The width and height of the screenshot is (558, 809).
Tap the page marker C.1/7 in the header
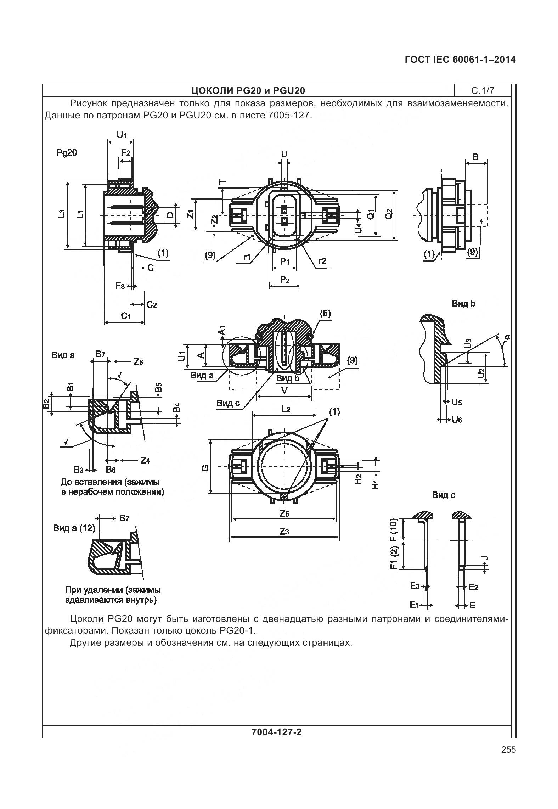(x=483, y=91)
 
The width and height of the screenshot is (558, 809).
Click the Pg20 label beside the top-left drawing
(x=67, y=153)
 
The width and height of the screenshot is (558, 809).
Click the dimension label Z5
(x=284, y=513)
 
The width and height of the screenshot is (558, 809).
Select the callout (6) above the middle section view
(x=325, y=314)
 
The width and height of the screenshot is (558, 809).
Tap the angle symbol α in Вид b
(x=507, y=337)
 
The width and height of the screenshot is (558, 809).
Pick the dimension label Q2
(x=389, y=214)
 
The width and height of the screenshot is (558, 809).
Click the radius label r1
(x=247, y=258)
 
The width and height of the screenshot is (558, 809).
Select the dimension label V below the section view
(x=284, y=391)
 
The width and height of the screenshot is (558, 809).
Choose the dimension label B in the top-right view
(x=476, y=157)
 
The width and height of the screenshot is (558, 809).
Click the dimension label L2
(x=286, y=409)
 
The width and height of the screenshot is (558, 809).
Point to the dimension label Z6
(x=138, y=362)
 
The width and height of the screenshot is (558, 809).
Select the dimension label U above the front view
(x=284, y=154)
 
